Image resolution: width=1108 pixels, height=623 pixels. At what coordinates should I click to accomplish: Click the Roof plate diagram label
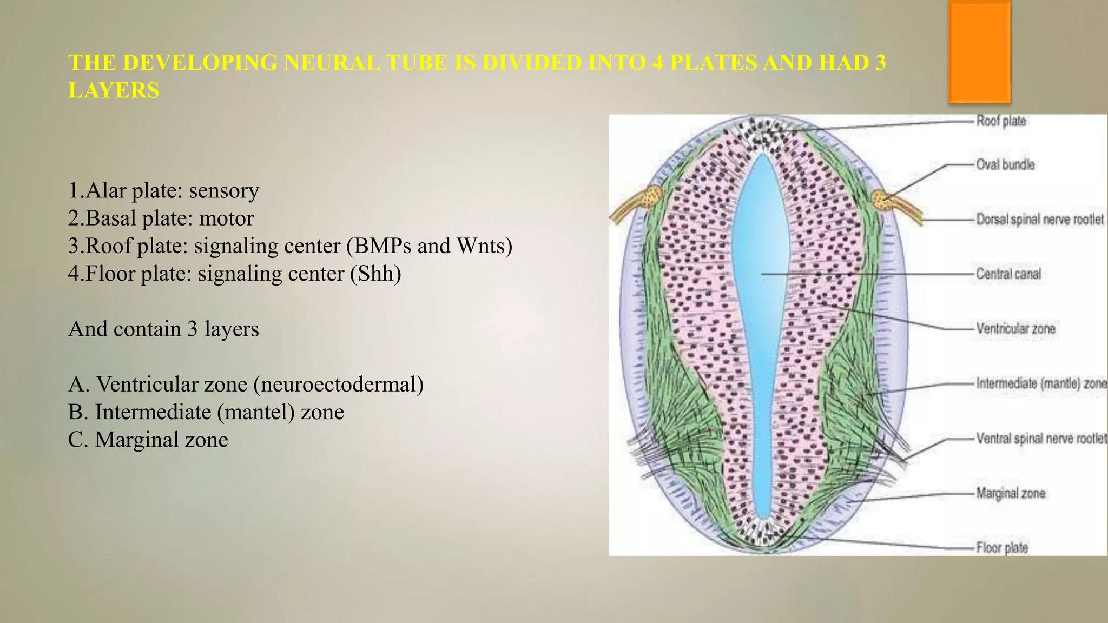(1001, 121)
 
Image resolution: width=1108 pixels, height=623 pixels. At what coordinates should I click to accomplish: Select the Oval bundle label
(1005, 164)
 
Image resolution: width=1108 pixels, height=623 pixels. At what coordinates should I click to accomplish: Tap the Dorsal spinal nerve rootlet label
(1039, 220)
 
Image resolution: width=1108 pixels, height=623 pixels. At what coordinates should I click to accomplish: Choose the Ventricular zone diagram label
(1015, 329)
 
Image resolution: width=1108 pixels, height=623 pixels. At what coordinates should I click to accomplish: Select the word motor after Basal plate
(226, 218)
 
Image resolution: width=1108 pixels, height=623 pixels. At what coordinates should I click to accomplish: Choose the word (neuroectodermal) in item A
(338, 385)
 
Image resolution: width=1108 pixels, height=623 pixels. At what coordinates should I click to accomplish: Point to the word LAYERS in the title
(114, 90)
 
